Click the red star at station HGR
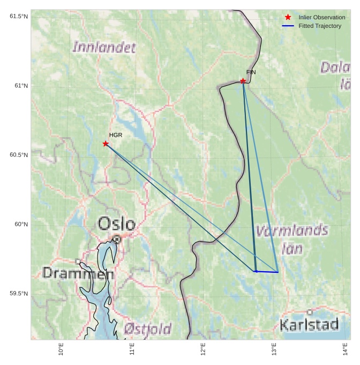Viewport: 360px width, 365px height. pos(106,144)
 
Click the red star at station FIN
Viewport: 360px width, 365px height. pos(243,81)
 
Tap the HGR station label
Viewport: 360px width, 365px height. pos(116,135)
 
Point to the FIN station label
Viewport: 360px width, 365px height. pos(251,72)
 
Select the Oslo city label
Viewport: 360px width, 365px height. pos(116,224)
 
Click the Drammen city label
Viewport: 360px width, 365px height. pos(78,273)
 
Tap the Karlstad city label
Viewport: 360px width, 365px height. pos(309,324)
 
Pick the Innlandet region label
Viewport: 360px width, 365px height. pos(104,47)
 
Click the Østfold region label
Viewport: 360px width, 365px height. pos(147,328)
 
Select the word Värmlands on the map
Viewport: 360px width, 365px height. pos(292,231)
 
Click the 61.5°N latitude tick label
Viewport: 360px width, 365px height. pos(19,17)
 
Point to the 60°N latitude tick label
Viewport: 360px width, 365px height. pos(21,224)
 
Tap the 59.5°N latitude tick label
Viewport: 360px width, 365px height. pos(19,293)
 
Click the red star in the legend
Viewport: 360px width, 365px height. pos(288,17)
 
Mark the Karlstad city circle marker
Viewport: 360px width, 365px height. pos(310,312)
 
